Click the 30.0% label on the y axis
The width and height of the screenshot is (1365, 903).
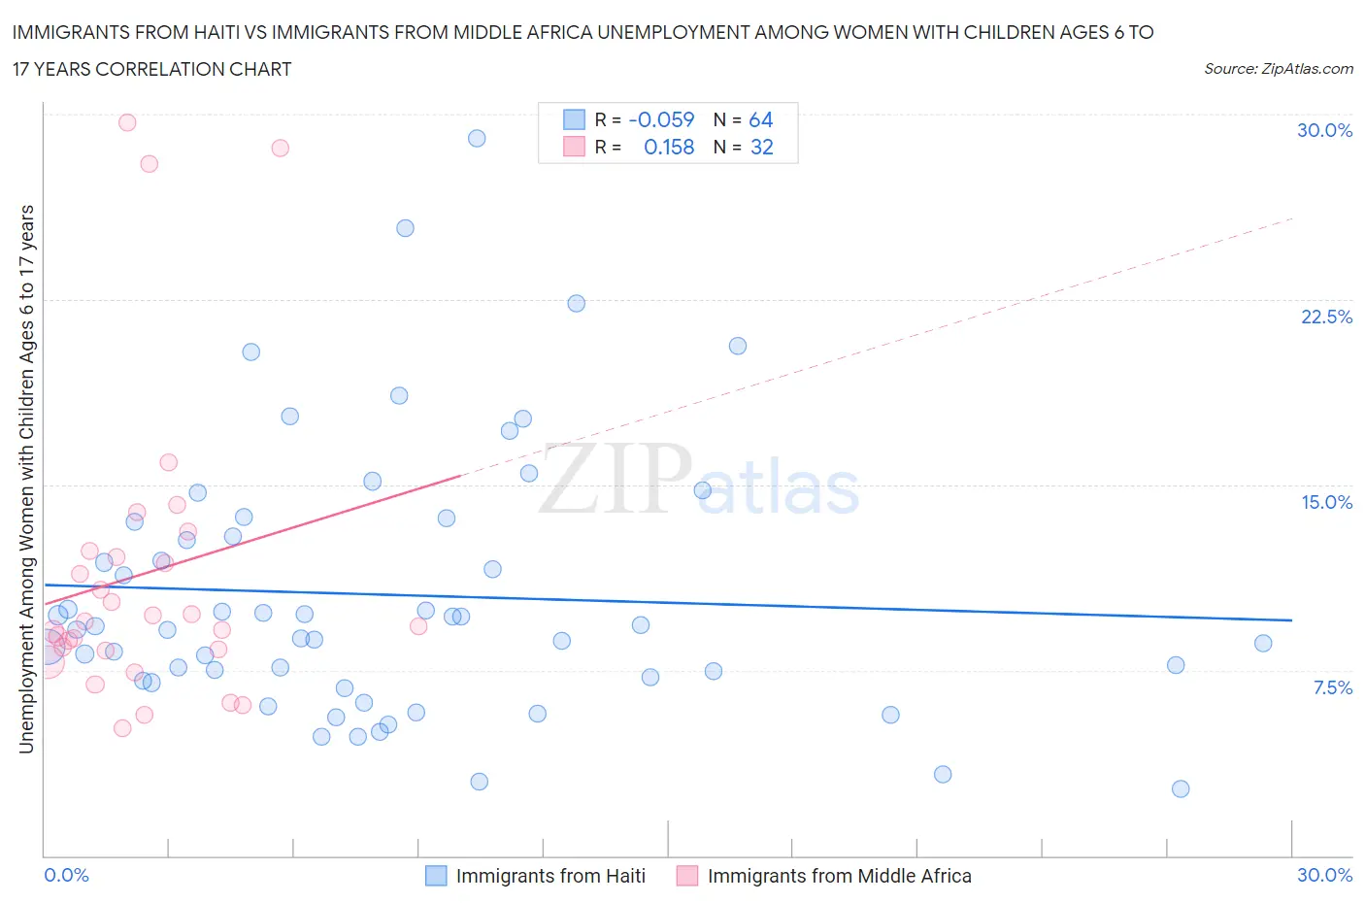[x=1324, y=130]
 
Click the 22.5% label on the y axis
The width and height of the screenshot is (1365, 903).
[x=1326, y=317]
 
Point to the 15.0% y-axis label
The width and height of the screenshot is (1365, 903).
[x=1326, y=502]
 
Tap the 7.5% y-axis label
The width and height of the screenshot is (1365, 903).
[x=1332, y=687]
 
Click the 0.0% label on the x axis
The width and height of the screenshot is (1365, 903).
[x=66, y=875]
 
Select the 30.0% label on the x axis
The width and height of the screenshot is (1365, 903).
[x=1324, y=875]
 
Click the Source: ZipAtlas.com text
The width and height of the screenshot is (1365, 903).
[x=1278, y=69]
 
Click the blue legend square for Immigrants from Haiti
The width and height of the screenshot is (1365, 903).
[x=436, y=876]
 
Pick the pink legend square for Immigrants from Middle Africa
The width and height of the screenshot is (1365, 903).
[x=687, y=876]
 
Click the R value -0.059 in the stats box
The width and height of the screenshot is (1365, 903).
[x=661, y=119]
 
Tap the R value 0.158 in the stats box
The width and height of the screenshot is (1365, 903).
[x=669, y=147]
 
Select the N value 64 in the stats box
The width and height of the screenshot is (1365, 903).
[x=760, y=119]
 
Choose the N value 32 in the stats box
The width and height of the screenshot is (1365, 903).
[x=761, y=147]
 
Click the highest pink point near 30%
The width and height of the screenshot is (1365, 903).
[x=127, y=122]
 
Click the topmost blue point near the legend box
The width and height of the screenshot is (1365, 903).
[x=477, y=138]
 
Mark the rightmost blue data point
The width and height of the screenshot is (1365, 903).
[x=1263, y=643]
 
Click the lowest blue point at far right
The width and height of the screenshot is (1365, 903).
[x=1181, y=788]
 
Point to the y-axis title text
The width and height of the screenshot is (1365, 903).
[x=26, y=479]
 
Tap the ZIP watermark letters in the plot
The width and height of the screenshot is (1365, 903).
[x=616, y=478]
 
